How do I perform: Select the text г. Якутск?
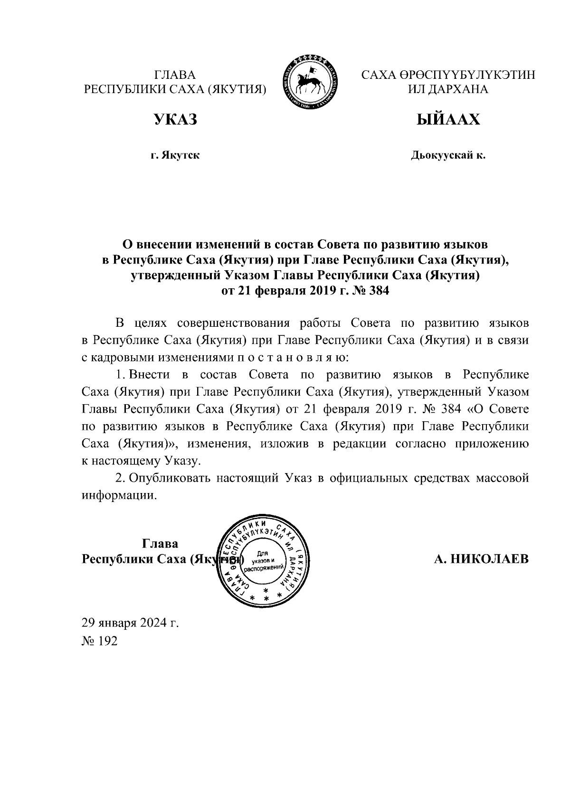click(x=175, y=155)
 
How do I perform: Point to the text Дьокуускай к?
click(x=448, y=155)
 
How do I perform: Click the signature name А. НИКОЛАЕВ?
click(x=481, y=559)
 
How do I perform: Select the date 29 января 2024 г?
click(x=130, y=623)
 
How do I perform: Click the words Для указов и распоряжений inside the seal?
click(x=263, y=560)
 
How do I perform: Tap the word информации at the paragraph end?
click(x=119, y=495)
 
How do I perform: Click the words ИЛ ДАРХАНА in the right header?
click(x=448, y=89)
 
